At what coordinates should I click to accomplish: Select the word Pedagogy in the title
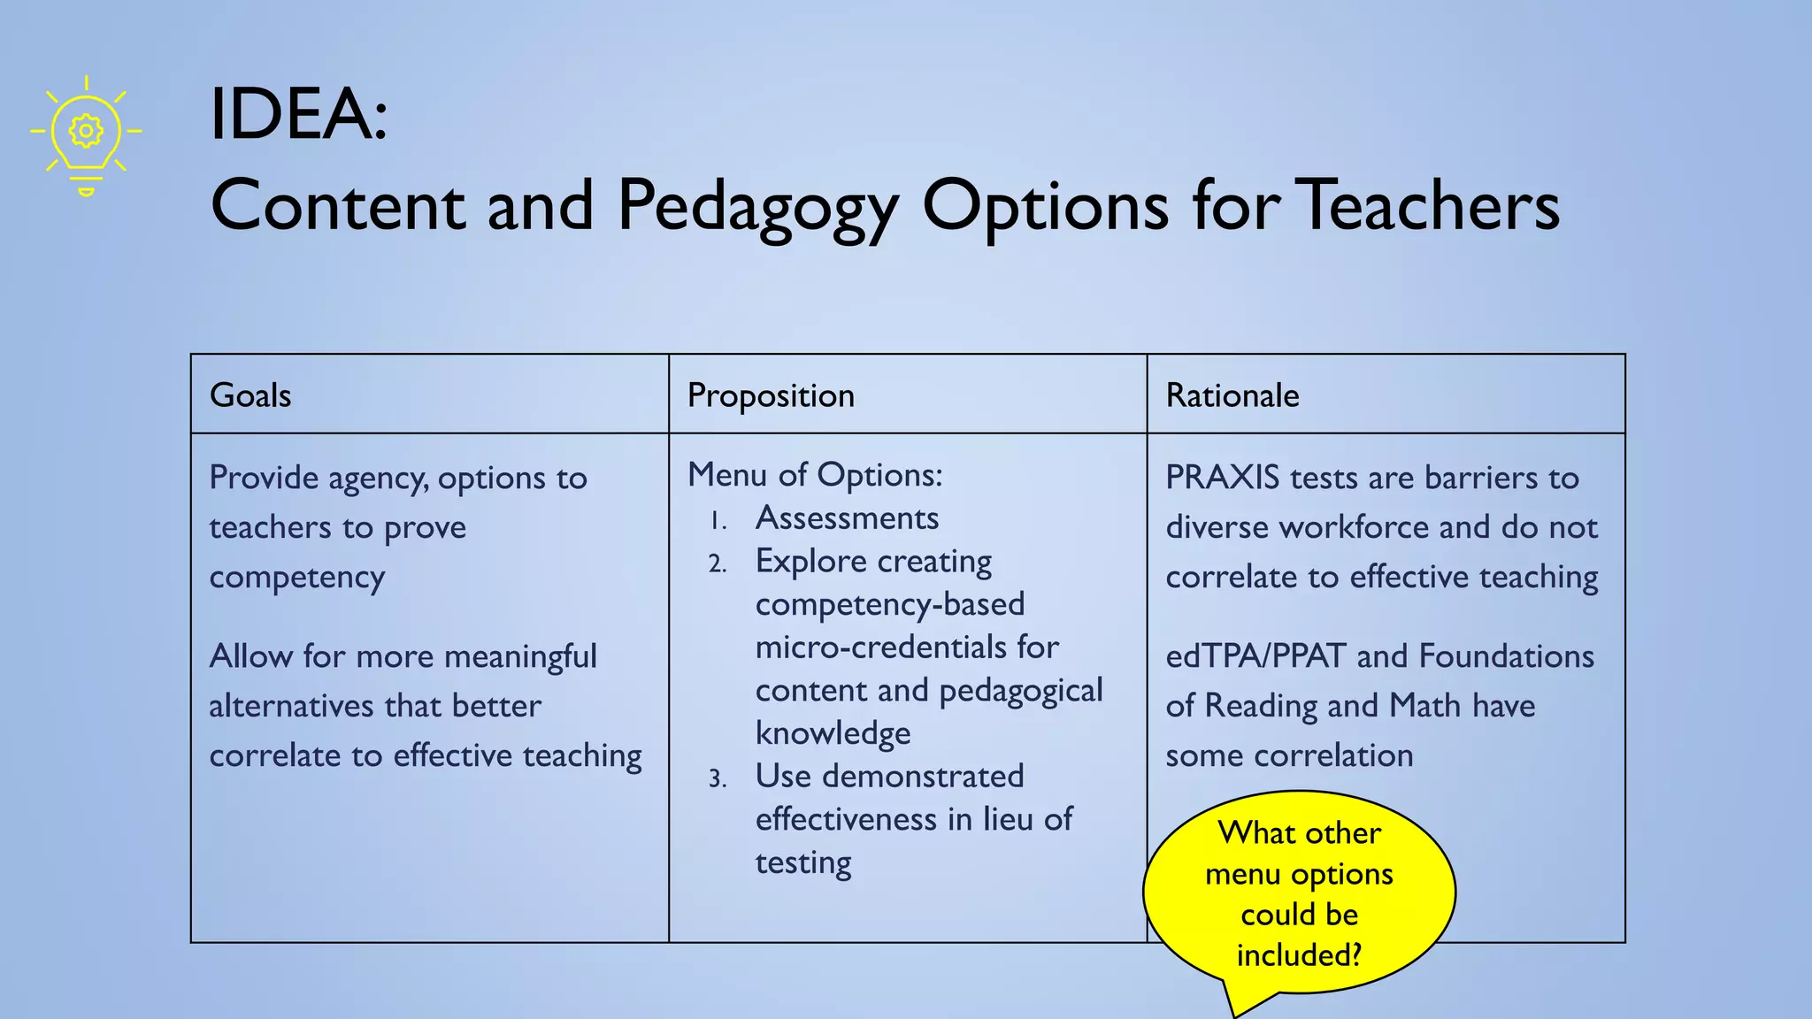click(757, 207)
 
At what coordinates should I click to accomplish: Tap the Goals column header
click(250, 395)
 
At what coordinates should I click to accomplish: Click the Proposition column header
click(771, 395)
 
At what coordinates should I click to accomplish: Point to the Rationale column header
click(1232, 395)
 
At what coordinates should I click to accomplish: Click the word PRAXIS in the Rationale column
click(1222, 478)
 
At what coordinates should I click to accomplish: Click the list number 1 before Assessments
click(718, 522)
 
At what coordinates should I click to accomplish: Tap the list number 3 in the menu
click(717, 779)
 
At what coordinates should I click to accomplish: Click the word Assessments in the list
click(847, 518)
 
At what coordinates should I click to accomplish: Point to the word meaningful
click(520, 656)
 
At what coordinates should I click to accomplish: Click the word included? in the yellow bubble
click(1299, 955)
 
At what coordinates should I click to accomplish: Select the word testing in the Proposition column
click(802, 863)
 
